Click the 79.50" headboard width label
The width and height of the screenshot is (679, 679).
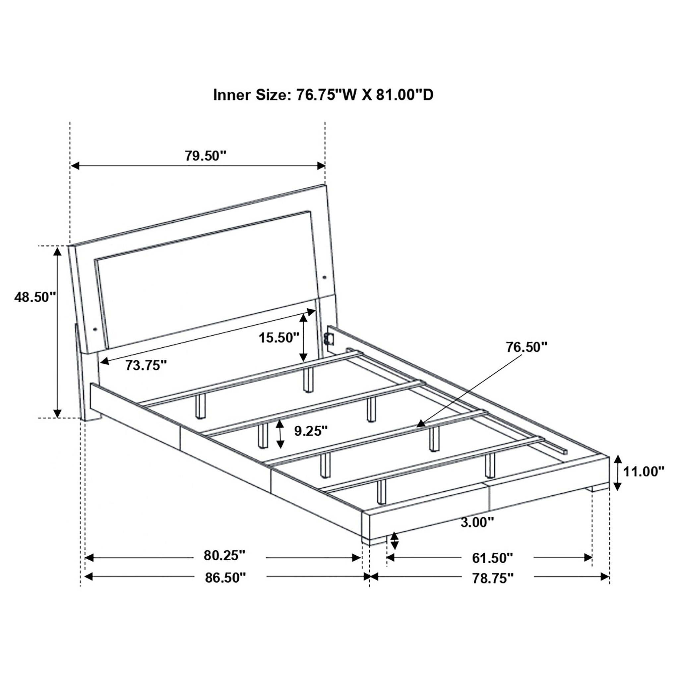click(x=206, y=155)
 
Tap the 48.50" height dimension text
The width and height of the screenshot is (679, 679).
click(x=35, y=297)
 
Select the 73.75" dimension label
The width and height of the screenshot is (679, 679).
click(x=146, y=366)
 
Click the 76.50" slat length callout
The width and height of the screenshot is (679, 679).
click(x=526, y=347)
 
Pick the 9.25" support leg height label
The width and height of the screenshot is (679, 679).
click(x=311, y=431)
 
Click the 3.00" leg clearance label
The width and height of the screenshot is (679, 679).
click(x=477, y=532)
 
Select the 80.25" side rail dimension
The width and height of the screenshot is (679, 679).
click(x=224, y=556)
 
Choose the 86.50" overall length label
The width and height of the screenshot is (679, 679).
click(x=225, y=578)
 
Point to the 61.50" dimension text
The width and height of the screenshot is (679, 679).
click(x=492, y=558)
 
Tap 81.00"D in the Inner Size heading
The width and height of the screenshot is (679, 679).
click(x=405, y=95)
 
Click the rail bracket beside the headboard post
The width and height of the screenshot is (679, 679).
click(x=330, y=338)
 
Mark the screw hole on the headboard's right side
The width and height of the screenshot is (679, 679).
click(x=324, y=278)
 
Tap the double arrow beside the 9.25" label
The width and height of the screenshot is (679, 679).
click(x=280, y=434)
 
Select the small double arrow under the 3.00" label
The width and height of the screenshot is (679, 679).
click(x=395, y=551)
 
